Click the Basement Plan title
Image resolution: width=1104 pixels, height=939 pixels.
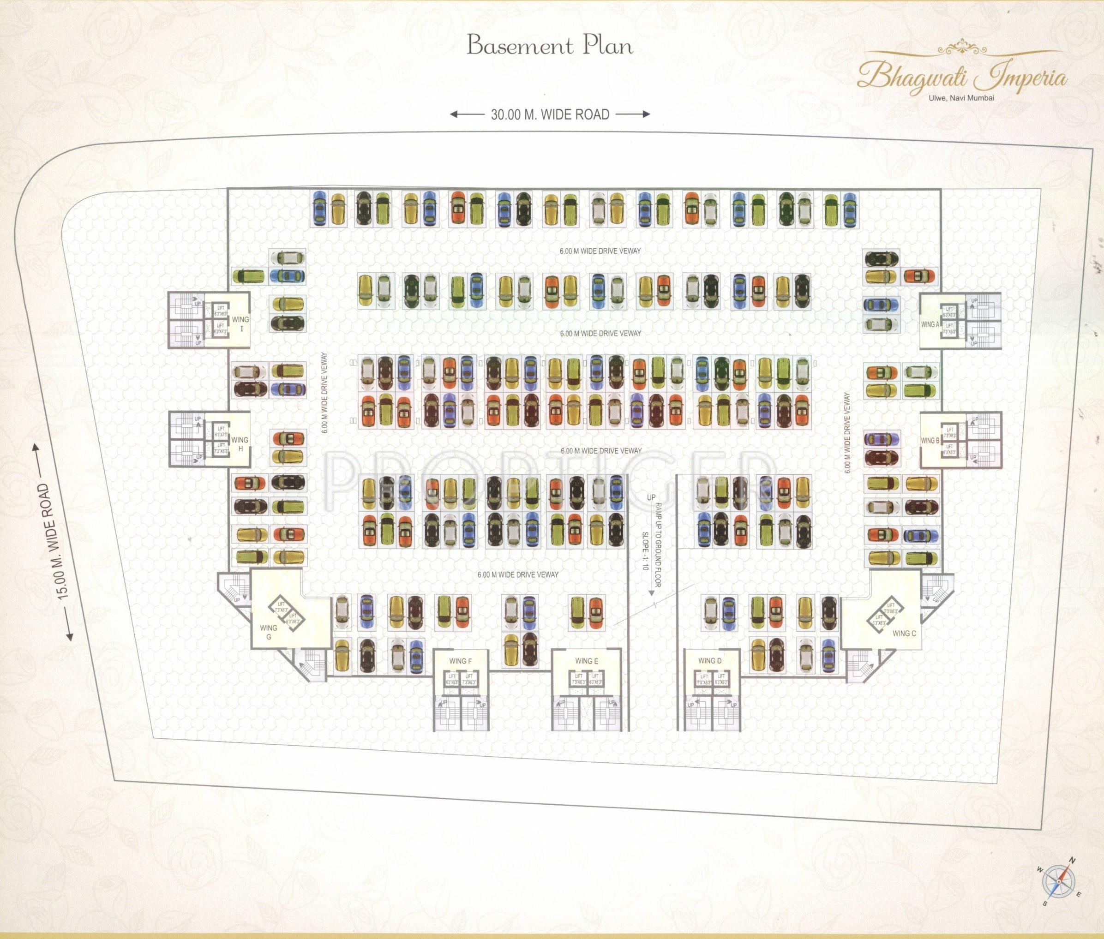(550, 46)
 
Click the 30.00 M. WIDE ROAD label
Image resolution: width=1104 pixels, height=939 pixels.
(550, 114)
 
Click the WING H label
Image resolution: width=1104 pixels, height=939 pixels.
(240, 444)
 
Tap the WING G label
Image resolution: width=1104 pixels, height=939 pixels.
(269, 632)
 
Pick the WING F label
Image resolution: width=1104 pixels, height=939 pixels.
(461, 661)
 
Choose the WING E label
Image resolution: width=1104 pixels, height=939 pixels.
(587, 661)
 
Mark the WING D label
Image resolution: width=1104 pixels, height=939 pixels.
(710, 661)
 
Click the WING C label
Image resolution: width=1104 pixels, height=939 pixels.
(905, 634)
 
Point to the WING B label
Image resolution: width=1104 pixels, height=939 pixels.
(930, 441)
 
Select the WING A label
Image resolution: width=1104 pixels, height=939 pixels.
(930, 324)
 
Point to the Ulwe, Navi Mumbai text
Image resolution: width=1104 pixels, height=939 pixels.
(961, 98)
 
